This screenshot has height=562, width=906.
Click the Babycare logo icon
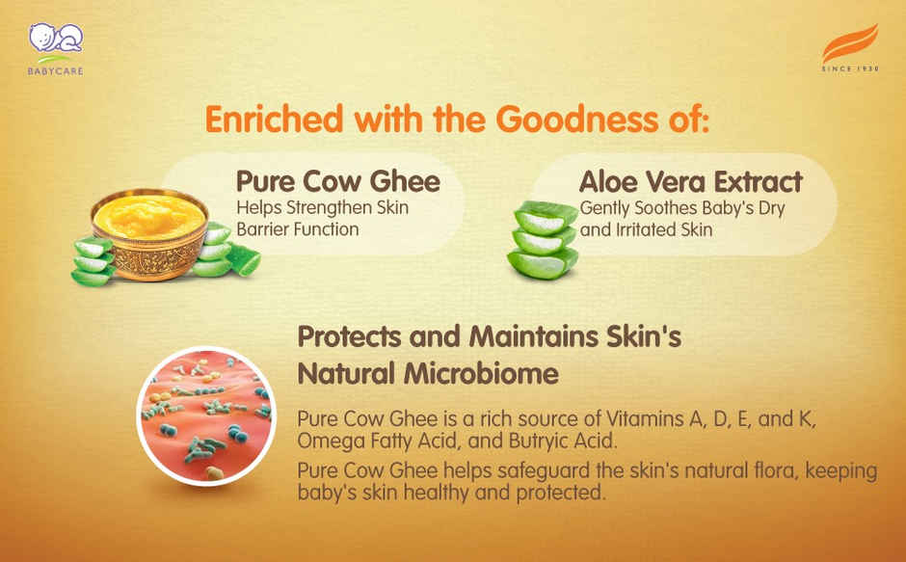click(x=55, y=40)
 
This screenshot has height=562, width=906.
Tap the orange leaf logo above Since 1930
click(x=849, y=45)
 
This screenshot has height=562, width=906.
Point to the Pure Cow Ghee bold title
click(x=337, y=181)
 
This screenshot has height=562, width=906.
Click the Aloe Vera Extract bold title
click(x=690, y=181)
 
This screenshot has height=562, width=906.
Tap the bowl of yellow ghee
click(x=149, y=231)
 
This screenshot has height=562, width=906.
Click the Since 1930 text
click(x=849, y=70)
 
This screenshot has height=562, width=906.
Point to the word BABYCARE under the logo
click(x=55, y=71)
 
